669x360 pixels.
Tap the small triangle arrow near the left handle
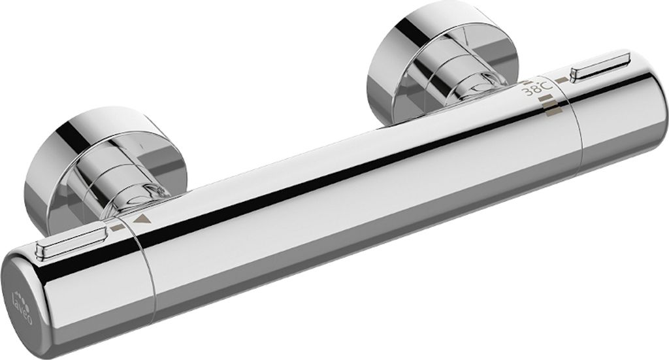139,221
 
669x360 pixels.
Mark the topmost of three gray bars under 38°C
546,99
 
